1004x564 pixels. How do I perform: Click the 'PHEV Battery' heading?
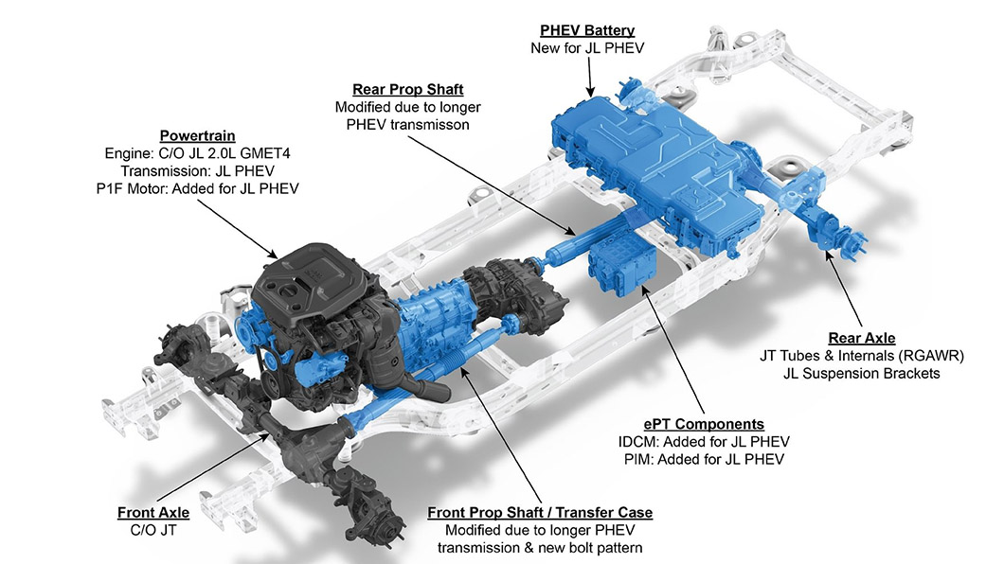587,30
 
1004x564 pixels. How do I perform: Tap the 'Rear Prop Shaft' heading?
408,90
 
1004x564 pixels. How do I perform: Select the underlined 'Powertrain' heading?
197,136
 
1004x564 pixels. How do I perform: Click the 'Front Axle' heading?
153,513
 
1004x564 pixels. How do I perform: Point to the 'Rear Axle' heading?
862,338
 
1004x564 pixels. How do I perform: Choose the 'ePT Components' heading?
704,425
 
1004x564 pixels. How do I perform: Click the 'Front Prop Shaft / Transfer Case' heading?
540,513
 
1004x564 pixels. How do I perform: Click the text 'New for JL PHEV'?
587,48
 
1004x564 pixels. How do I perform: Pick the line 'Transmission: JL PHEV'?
197,171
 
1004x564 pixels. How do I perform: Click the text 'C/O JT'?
153,530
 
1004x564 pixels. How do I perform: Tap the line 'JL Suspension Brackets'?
862,374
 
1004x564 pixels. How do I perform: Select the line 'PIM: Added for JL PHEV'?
704,459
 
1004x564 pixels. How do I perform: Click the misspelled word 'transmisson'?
430,125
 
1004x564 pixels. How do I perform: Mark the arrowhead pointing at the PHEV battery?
590,92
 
